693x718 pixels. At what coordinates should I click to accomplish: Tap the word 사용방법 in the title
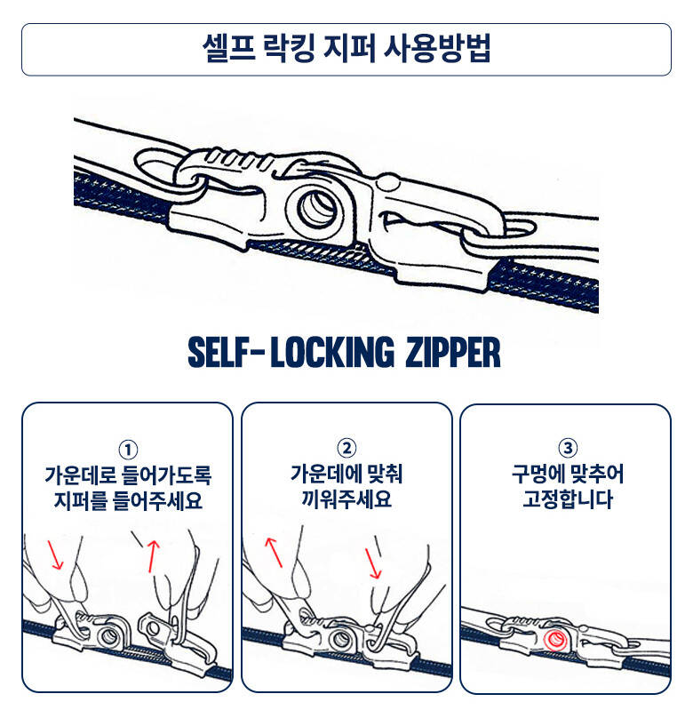coord(437,48)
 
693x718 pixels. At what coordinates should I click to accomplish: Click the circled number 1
coord(128,450)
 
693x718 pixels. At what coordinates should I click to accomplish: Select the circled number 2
coord(346,448)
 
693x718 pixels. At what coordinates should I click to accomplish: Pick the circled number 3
coord(568,447)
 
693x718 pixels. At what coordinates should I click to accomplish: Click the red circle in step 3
coord(555,639)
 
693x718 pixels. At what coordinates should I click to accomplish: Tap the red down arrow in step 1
coord(55,555)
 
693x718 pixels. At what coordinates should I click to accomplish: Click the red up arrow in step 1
coord(153,556)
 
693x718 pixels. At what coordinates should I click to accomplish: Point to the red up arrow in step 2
coord(275,552)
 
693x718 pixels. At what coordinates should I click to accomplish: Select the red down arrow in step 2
coord(373,563)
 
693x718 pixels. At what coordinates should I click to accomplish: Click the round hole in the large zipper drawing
coord(318,208)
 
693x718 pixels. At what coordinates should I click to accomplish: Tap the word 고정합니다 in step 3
coord(568,499)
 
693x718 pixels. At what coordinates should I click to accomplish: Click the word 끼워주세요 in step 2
coord(346,499)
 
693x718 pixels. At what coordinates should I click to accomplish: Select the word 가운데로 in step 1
coord(81,475)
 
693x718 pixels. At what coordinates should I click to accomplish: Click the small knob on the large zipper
coord(387,182)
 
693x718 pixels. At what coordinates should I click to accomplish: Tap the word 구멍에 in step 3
coord(537,474)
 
